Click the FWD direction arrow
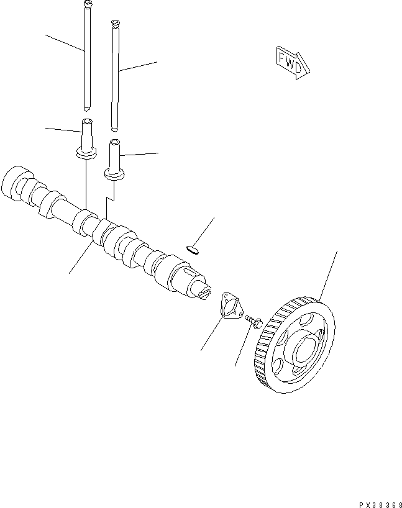pos(290,63)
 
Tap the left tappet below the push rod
pos(86,137)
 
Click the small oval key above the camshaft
pos(193,250)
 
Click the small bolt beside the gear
pos(253,321)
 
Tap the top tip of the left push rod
pos(87,4)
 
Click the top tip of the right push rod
pos(114,24)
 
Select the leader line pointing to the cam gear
pos(329,274)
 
